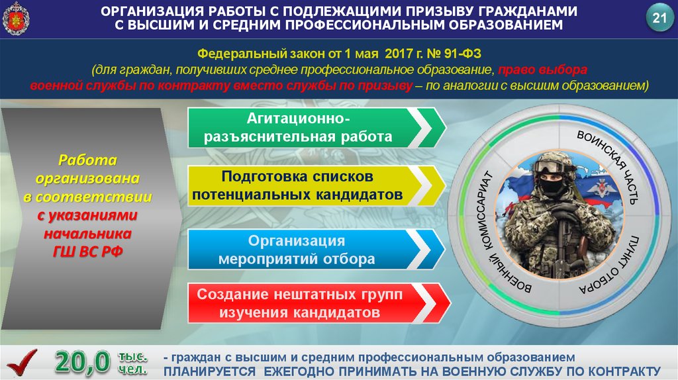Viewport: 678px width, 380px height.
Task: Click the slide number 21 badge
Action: coord(659,18)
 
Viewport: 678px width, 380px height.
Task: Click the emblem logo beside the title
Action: coord(16,19)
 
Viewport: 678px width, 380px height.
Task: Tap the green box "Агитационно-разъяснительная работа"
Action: coord(316,128)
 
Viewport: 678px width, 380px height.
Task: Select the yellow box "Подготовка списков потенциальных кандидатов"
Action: coord(316,185)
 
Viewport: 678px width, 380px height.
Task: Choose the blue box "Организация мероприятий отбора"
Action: coord(316,250)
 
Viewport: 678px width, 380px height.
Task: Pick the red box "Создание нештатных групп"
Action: coord(319,303)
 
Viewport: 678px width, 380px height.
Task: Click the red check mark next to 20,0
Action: coord(22,362)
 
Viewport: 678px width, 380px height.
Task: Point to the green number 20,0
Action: coord(83,362)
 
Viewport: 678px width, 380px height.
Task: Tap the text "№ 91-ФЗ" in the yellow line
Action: coord(454,54)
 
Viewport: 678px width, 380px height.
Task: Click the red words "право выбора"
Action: coord(543,70)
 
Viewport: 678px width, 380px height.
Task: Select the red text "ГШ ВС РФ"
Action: coord(88,252)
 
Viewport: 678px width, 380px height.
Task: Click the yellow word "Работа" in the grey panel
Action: coord(88,160)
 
